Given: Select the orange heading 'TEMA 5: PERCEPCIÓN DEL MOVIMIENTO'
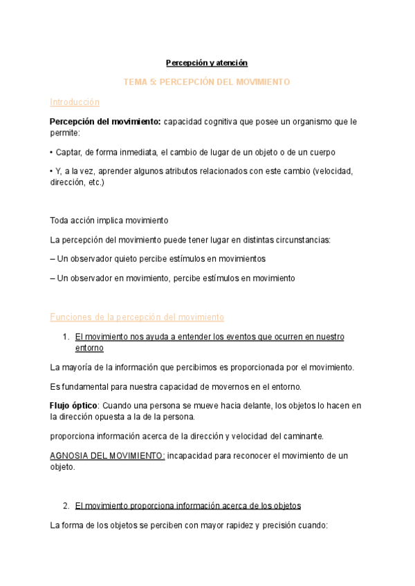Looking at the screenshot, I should (206, 82).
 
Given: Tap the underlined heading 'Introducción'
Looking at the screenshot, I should (75, 102).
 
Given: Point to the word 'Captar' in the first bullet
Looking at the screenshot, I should (70, 152).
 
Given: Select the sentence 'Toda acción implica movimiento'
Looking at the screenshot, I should (109, 220).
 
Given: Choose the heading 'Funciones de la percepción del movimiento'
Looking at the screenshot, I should (137, 317).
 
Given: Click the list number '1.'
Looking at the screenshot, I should (65, 337).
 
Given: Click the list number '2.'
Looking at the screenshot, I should (65, 505).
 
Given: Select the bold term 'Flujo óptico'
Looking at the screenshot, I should (74, 406).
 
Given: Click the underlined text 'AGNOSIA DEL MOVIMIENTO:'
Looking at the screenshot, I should (107, 456).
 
